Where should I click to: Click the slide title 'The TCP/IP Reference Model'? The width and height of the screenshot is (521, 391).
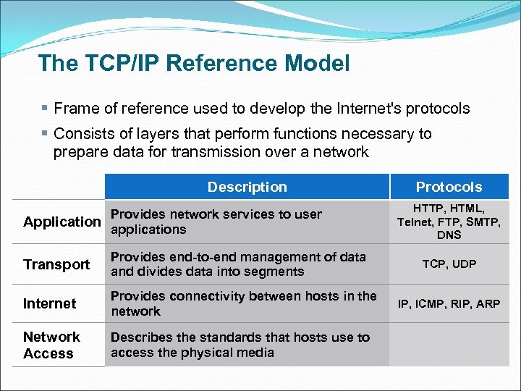194,63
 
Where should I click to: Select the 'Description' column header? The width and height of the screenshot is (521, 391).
247,187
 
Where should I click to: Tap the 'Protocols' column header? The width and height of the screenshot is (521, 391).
449,187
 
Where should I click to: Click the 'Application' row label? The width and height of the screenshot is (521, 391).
62,222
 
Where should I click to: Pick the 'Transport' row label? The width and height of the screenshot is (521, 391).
56,264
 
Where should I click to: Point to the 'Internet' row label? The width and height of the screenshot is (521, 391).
49,303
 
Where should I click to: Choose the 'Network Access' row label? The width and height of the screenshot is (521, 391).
51,345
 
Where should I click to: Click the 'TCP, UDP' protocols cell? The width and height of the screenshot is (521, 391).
449,264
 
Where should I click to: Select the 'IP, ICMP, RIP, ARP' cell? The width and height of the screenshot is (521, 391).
449,303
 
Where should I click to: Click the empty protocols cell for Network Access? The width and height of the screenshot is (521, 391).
449,345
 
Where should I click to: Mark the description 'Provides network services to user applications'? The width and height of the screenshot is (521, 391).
216,222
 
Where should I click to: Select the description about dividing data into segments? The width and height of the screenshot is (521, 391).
238,264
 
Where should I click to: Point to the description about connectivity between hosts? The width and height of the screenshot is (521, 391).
243,303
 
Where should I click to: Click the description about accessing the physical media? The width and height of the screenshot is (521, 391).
240,345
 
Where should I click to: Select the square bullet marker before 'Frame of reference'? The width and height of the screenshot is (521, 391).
45,109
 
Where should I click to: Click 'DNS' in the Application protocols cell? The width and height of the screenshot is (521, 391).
449,235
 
